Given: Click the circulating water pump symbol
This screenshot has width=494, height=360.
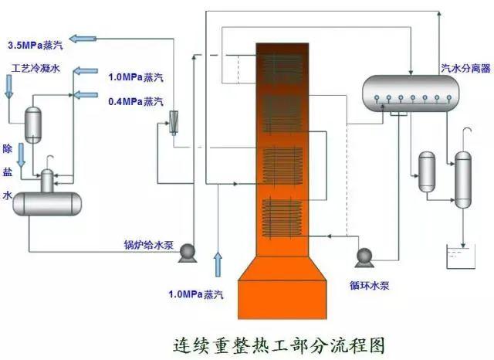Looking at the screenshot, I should [362, 257].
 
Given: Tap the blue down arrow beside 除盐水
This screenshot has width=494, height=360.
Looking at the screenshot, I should [22, 158].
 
